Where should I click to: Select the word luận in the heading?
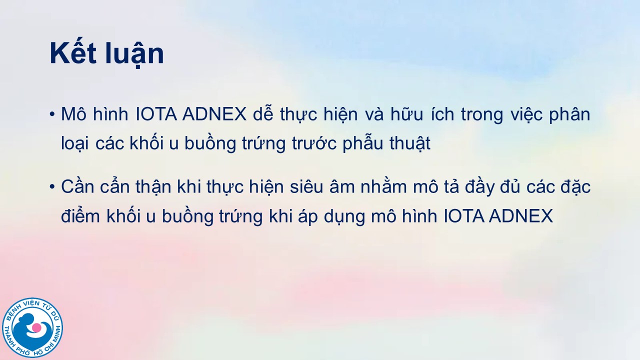tap(135, 55)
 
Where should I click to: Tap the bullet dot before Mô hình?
tap(52, 114)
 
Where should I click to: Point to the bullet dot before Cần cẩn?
tap(52, 187)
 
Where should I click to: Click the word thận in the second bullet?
tap(153, 187)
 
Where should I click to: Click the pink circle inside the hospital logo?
tap(36, 327)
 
